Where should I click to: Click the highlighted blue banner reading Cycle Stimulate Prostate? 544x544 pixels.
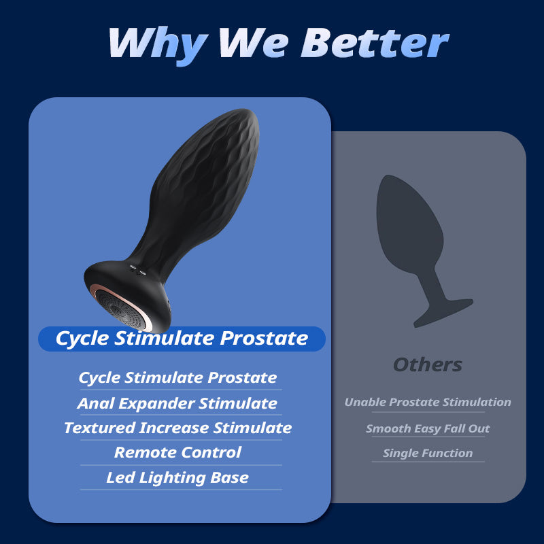pos(182,338)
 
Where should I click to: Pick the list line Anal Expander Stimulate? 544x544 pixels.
pos(177,403)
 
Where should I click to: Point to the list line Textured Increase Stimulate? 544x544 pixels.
pos(177,428)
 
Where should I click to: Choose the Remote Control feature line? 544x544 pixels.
pos(177,452)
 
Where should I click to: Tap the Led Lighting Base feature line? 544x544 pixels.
pos(177,477)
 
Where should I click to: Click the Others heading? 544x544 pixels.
pos(427,364)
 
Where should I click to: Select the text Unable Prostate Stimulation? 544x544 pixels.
pos(427,402)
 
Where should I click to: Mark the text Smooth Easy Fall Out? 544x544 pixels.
pos(427,428)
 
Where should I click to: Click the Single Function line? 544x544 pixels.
pos(427,453)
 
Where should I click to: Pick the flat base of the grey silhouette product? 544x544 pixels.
pos(446,309)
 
